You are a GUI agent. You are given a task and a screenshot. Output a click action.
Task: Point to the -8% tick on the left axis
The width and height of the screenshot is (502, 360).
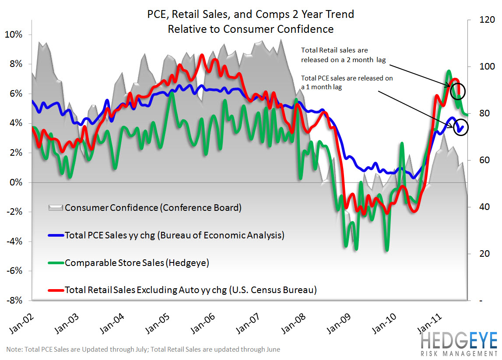16,301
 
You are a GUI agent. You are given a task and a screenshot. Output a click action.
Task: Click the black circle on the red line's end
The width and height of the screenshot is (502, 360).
457,91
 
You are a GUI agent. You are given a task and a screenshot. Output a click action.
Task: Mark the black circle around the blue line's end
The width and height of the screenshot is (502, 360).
461,127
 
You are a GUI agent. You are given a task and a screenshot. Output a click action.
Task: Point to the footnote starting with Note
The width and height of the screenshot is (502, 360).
143,350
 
